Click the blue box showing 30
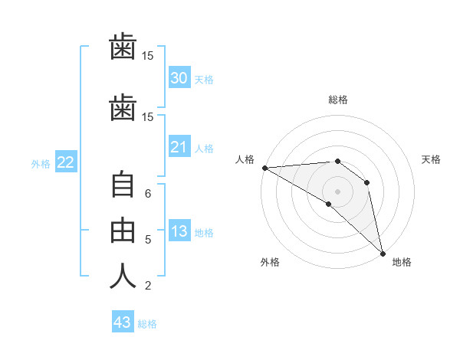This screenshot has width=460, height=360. (x=179, y=77)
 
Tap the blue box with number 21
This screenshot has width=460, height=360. (x=179, y=146)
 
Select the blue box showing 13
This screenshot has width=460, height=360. (x=179, y=230)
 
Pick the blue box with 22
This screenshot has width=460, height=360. (x=66, y=162)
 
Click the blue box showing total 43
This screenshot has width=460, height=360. (x=123, y=321)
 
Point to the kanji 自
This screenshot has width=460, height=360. (x=123, y=184)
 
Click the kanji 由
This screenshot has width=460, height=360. (x=123, y=231)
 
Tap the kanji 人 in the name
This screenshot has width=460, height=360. (x=123, y=276)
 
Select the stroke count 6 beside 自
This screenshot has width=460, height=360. (x=148, y=194)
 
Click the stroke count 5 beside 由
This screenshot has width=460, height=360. (x=148, y=240)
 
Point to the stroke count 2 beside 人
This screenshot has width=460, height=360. (x=148, y=286)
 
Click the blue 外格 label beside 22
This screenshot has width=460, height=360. (x=41, y=164)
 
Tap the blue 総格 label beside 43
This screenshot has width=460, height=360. (x=147, y=324)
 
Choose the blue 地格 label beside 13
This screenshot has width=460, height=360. (x=204, y=233)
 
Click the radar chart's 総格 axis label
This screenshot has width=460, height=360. (x=338, y=100)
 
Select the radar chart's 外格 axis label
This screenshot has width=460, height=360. (x=270, y=262)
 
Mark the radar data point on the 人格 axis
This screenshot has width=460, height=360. (x=265, y=168)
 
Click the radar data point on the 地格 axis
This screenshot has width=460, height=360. (x=383, y=254)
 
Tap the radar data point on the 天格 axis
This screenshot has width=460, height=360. (x=366, y=182)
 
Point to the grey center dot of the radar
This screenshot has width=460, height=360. (x=337, y=191)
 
